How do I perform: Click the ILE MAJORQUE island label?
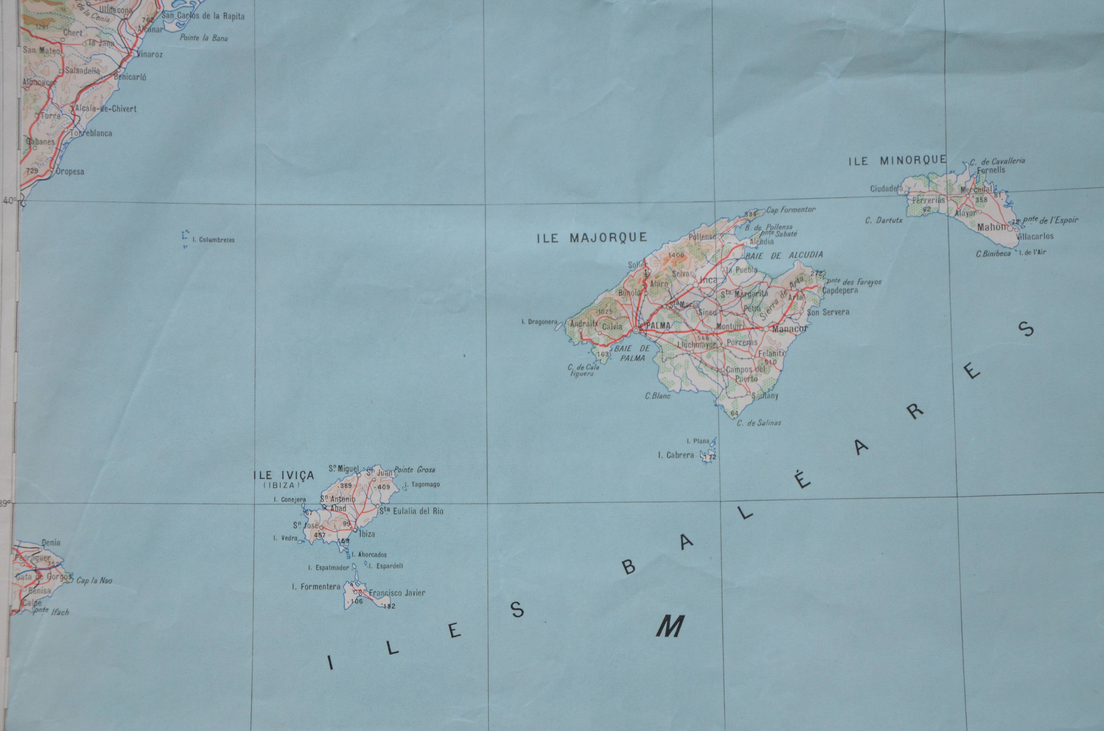point(592,238)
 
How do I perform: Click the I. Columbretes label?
point(214,240)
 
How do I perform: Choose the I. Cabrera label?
point(676,455)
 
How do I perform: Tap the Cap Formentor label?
point(791,210)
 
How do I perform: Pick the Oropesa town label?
point(70,172)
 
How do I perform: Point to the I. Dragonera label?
point(539,322)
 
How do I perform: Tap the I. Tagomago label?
point(422,484)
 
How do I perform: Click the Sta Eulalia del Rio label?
point(411,511)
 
